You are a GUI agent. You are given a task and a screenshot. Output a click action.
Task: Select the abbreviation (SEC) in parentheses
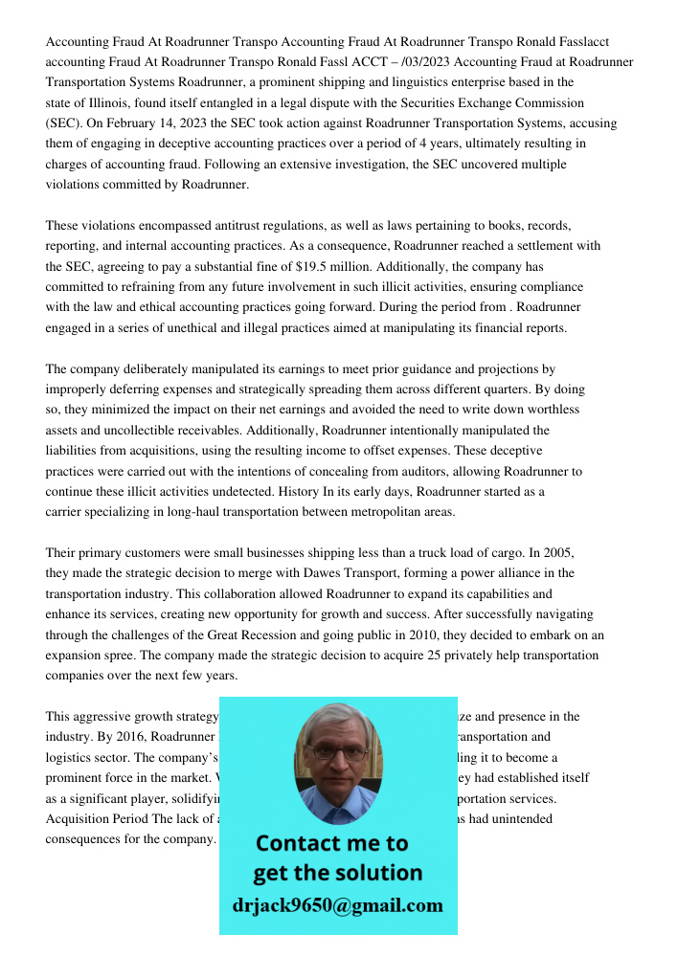[62, 123]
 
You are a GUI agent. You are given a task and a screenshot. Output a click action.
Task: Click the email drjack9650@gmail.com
[338, 905]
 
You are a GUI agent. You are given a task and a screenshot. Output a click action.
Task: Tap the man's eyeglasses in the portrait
[338, 752]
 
